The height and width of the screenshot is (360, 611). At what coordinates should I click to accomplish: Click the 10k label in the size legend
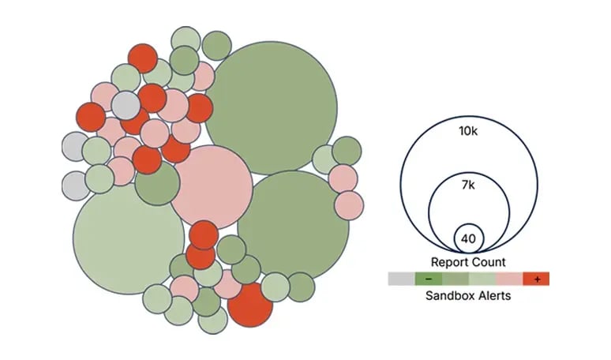click(x=468, y=130)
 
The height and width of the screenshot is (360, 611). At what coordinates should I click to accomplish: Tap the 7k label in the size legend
click(x=468, y=186)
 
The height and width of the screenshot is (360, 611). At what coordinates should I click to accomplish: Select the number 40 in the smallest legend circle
click(x=468, y=238)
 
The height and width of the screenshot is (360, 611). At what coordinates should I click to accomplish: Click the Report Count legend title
click(x=468, y=261)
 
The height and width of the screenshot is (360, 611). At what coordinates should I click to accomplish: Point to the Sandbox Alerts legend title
click(x=468, y=296)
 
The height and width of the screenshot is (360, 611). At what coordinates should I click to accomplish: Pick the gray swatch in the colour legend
click(x=400, y=279)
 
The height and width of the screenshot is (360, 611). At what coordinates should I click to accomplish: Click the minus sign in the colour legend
click(x=428, y=279)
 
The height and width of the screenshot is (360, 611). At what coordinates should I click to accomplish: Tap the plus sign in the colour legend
click(x=536, y=279)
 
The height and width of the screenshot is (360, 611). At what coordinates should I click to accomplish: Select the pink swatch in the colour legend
click(x=509, y=279)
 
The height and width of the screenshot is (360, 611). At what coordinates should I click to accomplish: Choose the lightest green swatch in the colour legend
click(x=482, y=279)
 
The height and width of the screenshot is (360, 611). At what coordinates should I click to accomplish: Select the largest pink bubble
click(x=211, y=186)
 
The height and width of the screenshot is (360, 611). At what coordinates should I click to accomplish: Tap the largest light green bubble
click(x=129, y=232)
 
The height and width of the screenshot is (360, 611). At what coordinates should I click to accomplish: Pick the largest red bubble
click(x=249, y=304)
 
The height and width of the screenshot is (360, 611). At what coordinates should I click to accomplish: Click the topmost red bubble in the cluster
click(x=143, y=58)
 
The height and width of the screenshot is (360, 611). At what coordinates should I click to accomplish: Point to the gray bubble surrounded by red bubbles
click(x=125, y=106)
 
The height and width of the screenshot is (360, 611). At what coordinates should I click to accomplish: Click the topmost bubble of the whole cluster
click(x=185, y=40)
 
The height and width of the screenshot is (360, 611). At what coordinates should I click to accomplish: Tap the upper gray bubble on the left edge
click(x=76, y=146)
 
